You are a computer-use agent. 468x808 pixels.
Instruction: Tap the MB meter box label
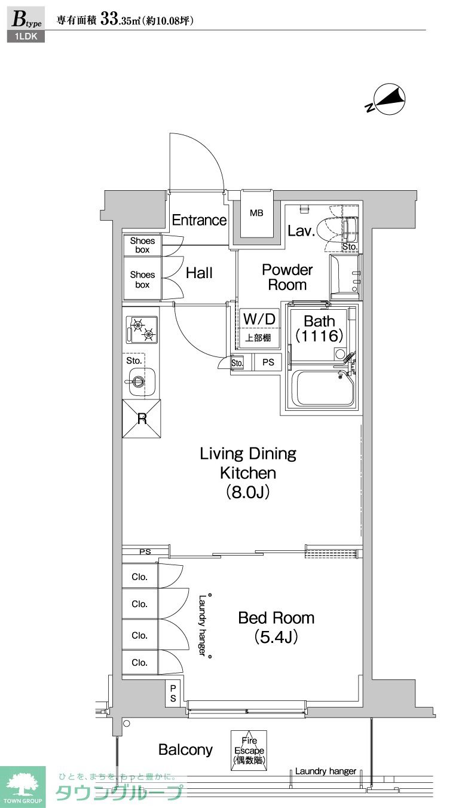[x=256, y=213]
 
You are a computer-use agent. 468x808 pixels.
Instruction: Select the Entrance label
[x=199, y=220]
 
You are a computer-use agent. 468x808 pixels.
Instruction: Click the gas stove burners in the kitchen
[x=142, y=330]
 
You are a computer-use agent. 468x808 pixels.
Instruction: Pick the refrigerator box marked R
[x=142, y=419]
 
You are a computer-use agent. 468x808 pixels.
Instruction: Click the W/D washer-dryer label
[x=259, y=319]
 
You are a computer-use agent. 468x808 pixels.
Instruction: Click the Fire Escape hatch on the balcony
[x=249, y=750]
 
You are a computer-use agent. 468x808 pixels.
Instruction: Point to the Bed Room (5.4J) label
[x=276, y=627]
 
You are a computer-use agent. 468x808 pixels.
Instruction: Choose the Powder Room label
[x=287, y=277]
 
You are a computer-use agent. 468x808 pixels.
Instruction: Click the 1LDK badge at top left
[x=26, y=36]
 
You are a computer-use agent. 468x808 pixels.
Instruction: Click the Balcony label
[x=185, y=749]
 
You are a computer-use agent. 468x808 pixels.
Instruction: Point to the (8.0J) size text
[x=248, y=492]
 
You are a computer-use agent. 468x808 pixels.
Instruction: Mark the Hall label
[x=199, y=273]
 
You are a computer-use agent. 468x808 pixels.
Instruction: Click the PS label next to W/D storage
[x=268, y=362]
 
